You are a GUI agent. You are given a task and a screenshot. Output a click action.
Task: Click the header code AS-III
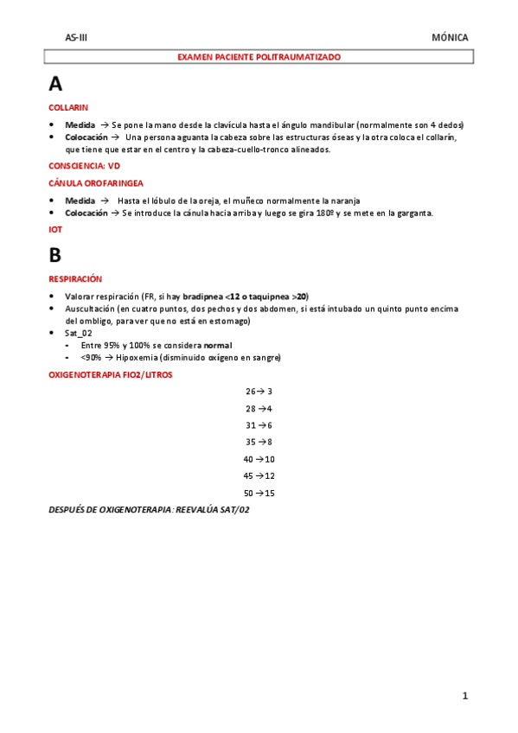click(76, 38)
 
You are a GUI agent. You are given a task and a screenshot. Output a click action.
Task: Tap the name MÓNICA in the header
click(450, 38)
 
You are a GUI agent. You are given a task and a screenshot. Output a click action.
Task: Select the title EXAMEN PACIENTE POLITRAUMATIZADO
click(259, 57)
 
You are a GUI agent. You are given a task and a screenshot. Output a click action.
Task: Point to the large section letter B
click(55, 255)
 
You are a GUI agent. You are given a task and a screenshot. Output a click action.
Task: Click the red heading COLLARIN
click(68, 107)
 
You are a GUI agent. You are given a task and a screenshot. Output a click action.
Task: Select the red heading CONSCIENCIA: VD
click(85, 164)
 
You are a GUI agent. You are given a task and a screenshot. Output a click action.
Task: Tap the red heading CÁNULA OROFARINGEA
click(96, 183)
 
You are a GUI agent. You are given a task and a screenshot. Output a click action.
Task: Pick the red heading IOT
click(55, 230)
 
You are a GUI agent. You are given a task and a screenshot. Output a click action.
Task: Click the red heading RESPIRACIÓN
click(75, 279)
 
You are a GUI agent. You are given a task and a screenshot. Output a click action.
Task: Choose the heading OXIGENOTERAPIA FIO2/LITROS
click(110, 374)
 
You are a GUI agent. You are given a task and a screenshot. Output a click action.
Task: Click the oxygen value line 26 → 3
click(259, 392)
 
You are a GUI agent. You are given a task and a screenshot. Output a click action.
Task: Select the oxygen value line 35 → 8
click(259, 442)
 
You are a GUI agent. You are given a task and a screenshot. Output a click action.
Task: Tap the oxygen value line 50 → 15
click(259, 493)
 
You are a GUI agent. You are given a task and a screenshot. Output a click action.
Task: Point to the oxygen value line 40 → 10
click(259, 459)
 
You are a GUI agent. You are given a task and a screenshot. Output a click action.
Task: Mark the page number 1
click(464, 696)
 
